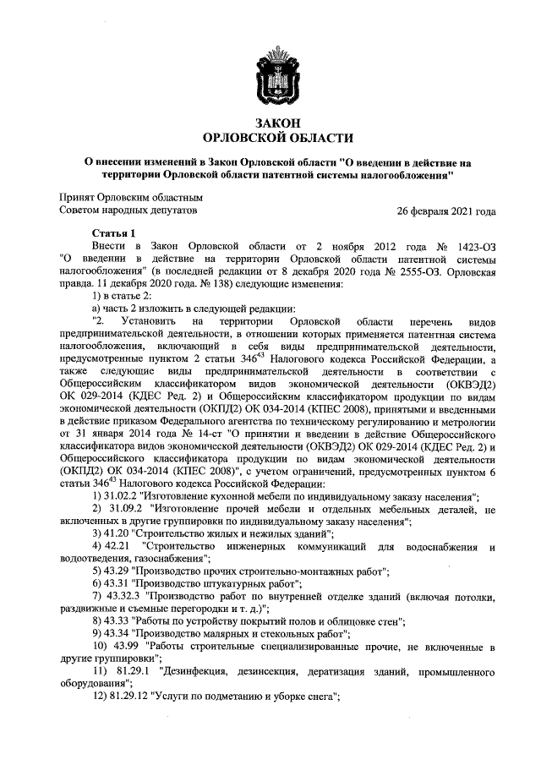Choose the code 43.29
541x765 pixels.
pyautogui.click(x=120, y=571)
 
